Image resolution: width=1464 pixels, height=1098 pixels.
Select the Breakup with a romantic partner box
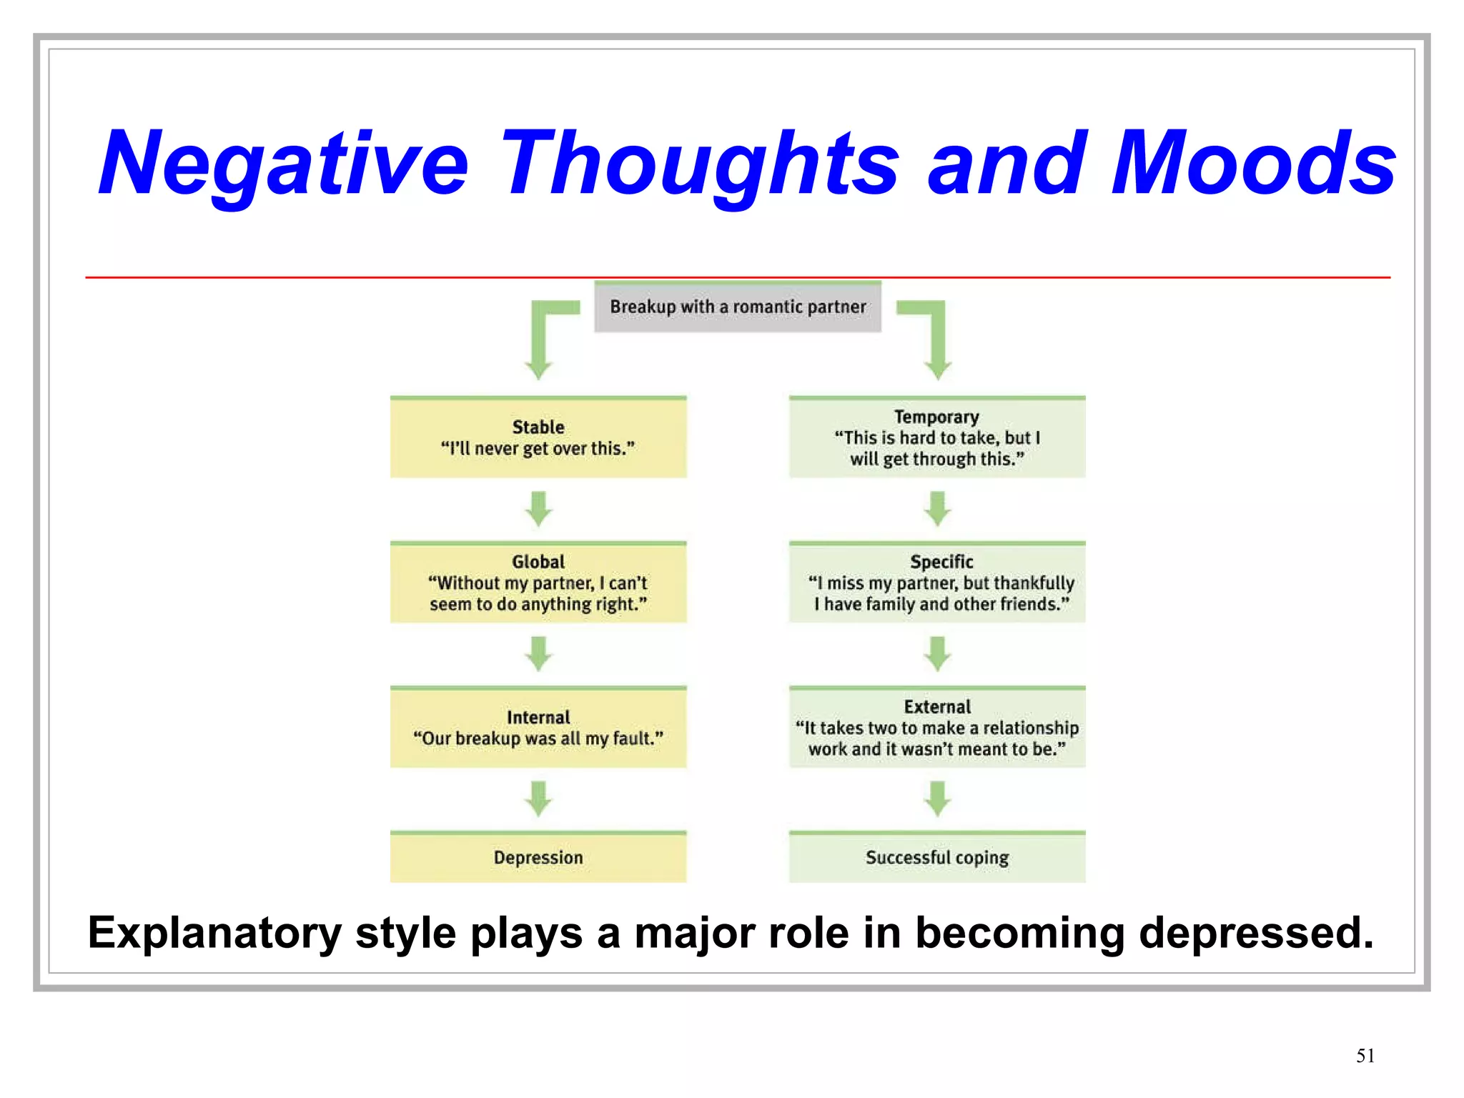click(x=737, y=307)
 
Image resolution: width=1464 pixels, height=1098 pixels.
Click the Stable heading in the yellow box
click(x=538, y=427)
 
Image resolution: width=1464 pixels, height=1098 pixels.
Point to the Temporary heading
click(x=936, y=417)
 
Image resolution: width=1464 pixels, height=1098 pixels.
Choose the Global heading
click(x=538, y=562)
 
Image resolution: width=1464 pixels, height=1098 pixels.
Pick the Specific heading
click(x=941, y=562)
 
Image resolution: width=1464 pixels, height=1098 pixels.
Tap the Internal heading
click(x=538, y=717)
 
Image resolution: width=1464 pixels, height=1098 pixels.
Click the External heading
click(x=936, y=707)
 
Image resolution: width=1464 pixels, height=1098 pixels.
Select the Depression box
click(x=538, y=857)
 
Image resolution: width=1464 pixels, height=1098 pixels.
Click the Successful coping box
click(x=936, y=857)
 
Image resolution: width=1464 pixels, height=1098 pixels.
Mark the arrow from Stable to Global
click(x=538, y=508)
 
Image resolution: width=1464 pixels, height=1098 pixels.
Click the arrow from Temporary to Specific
click(x=937, y=508)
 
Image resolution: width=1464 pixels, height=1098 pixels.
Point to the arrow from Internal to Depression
click(x=538, y=798)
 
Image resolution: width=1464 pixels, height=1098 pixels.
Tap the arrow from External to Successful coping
click(x=937, y=798)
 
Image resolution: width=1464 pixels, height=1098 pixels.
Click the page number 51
click(x=1365, y=1056)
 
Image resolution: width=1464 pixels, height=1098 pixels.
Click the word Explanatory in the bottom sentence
click(x=214, y=933)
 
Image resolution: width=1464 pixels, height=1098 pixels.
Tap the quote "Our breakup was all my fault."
click(x=538, y=738)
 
